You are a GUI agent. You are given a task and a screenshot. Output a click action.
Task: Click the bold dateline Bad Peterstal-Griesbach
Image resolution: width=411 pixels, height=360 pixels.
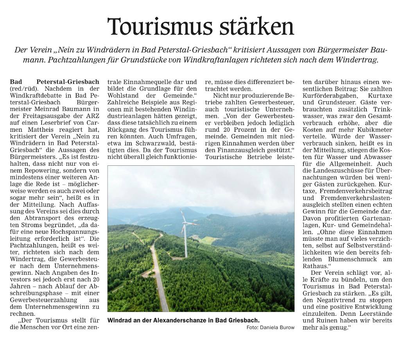pyautogui.click(x=55, y=82)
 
